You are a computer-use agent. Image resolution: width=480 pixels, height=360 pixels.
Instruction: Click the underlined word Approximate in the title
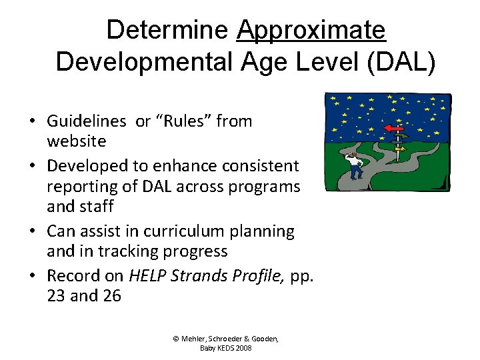point(311,29)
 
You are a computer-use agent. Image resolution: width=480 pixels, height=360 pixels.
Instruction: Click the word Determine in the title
point(167,29)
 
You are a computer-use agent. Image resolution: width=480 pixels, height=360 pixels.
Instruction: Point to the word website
point(76,141)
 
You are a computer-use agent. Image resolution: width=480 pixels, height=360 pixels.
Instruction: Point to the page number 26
point(111,295)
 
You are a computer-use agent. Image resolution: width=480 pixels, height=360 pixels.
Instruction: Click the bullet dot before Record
point(32,276)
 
